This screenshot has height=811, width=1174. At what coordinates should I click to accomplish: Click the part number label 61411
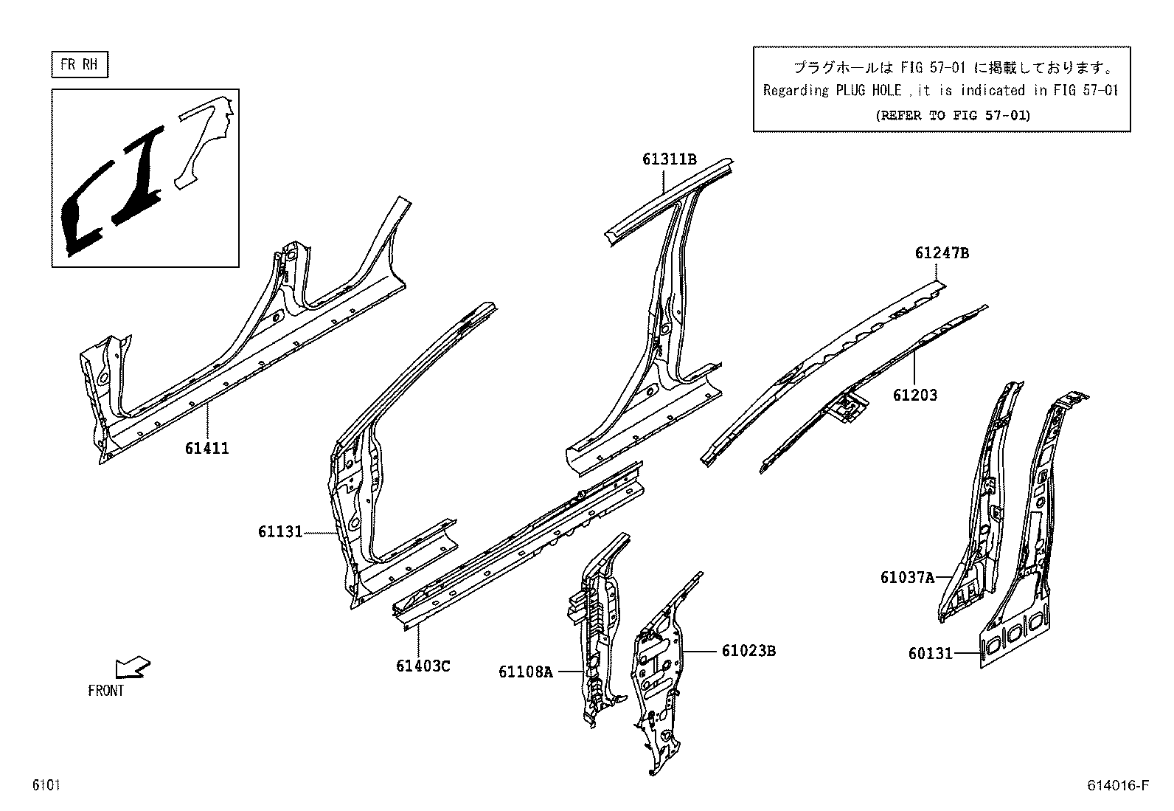click(x=206, y=448)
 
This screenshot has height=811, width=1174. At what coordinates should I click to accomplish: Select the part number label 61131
click(x=280, y=531)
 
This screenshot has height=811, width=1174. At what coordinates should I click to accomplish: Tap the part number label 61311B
click(x=669, y=159)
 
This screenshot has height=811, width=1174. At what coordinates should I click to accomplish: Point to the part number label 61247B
click(x=942, y=253)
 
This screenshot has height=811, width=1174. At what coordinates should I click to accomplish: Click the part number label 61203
click(x=914, y=395)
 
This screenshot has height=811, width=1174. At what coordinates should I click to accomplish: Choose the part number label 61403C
click(x=423, y=666)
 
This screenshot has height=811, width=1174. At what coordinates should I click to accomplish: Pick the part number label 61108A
click(x=525, y=672)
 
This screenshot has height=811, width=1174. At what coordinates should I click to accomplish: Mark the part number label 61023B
click(x=748, y=651)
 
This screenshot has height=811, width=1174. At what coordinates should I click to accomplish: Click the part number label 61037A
click(x=906, y=577)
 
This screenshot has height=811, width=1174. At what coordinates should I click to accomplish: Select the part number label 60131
click(x=930, y=653)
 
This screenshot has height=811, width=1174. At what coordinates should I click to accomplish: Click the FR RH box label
click(x=79, y=64)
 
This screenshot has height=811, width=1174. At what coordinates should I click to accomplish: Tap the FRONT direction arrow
click(x=133, y=667)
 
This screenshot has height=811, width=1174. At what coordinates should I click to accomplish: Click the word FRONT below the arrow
click(x=105, y=691)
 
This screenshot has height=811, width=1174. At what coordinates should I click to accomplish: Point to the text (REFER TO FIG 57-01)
click(x=952, y=115)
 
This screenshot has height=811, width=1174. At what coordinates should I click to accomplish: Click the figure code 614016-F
click(x=1118, y=785)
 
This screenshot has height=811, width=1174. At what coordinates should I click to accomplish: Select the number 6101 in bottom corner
click(x=46, y=785)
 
